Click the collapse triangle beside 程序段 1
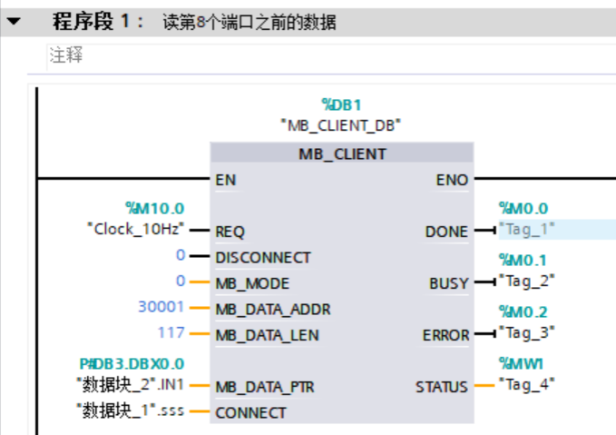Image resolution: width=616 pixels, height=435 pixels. [15, 21]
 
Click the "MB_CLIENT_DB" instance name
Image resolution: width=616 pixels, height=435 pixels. [341, 124]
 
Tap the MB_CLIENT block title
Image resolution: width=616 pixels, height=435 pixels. [342, 153]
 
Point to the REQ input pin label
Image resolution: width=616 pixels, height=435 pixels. [230, 231]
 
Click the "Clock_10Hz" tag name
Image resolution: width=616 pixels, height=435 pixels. [135, 229]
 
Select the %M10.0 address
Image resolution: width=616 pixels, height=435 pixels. [153, 209]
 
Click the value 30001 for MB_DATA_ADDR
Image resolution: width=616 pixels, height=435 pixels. [161, 308]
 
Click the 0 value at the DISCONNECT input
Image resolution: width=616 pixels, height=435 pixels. [181, 256]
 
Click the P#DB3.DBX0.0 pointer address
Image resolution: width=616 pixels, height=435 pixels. [132, 363]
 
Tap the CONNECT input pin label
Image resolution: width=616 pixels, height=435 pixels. [250, 412]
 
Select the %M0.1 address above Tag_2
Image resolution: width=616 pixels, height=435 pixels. [523, 261]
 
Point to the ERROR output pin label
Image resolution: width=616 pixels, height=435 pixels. [445, 335]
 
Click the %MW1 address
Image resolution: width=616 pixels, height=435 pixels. [520, 363]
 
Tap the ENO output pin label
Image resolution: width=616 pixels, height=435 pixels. [452, 180]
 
